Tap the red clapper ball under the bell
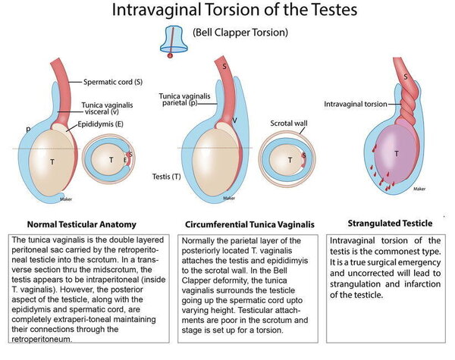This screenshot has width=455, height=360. [171, 55]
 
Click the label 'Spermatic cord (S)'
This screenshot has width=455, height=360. [113, 82]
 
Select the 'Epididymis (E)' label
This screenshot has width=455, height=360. [100, 124]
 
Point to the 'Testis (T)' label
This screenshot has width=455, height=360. [167, 177]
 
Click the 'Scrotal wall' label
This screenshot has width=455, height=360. [289, 124]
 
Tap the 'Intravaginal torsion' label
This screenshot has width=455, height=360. [356, 104]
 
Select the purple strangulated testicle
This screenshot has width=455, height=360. [394, 155]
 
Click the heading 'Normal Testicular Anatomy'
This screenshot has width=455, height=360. [82, 224]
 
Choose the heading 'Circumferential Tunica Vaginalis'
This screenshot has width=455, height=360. [249, 224]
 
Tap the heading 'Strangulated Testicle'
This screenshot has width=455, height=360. [390, 224]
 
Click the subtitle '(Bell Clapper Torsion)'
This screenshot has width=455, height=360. [240, 32]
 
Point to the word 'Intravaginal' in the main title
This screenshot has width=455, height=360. [156, 9]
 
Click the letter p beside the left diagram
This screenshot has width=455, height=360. [28, 129]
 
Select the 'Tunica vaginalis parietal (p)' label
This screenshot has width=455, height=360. [184, 99]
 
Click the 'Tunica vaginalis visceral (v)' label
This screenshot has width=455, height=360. [107, 108]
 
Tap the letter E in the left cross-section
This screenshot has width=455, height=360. [125, 160]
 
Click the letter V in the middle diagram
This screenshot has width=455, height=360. [234, 120]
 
